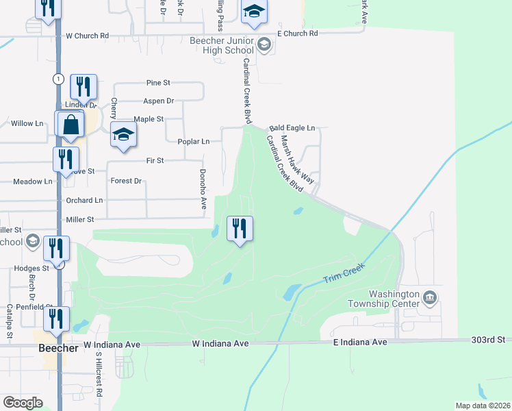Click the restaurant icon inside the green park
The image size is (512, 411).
coord(240,227)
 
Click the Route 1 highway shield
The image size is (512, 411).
coord(60,79)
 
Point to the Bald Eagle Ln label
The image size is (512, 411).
coord(292,128)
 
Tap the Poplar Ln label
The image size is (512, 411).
coord(194,142)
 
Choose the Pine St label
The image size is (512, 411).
coord(158,83)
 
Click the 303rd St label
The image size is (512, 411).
coord(487,340)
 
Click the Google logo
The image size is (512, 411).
coord(23,403)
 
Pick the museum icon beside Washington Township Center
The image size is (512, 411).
coord(430,297)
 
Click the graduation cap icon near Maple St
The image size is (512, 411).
coord(123,135)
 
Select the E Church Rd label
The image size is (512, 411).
coord(298,33)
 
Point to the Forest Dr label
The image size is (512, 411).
coord(126,182)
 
